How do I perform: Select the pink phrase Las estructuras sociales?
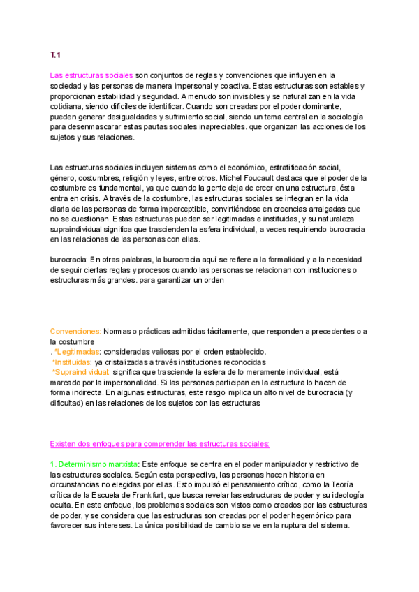pyautogui.click(x=91, y=75)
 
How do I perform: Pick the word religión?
pyautogui.click(x=144, y=178)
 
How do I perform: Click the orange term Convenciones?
pyautogui.click(x=76, y=331)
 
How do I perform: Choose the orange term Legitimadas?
pyautogui.click(x=77, y=352)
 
